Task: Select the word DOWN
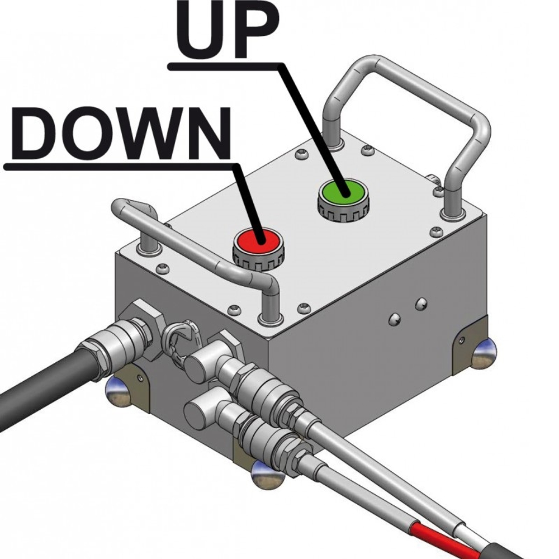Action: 121,134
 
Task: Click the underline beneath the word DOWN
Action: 119,166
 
